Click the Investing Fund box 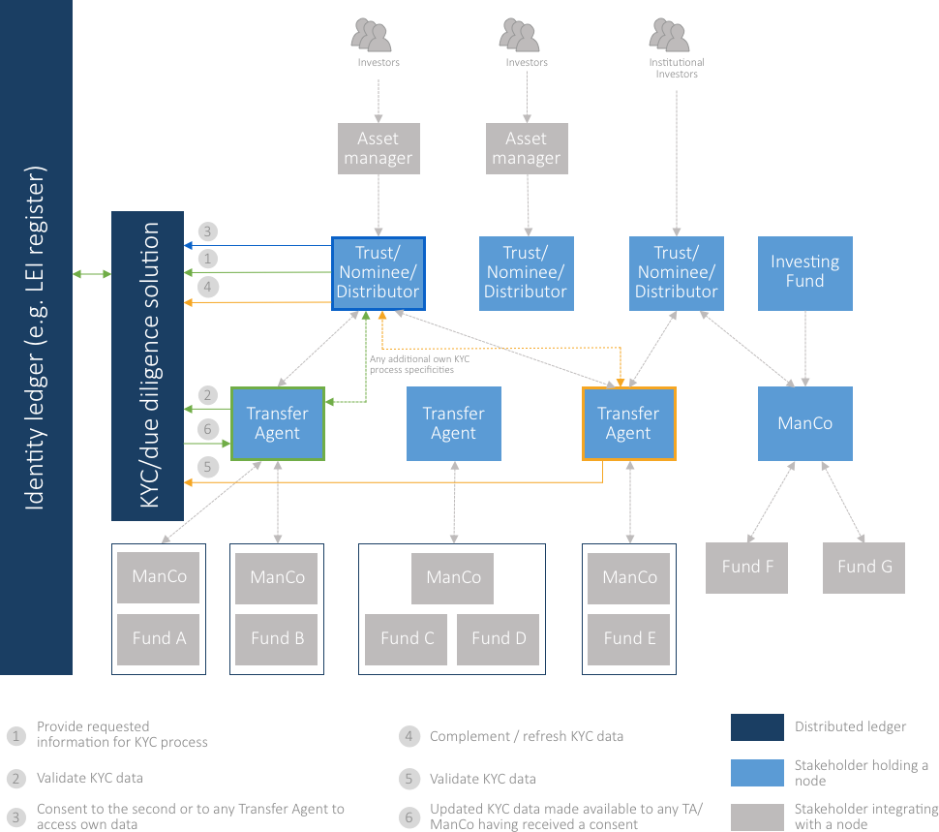tap(804, 272)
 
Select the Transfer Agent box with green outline tap(277, 423)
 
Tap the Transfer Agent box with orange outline tap(628, 423)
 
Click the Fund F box tap(746, 568)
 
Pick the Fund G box tap(863, 568)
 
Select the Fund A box tap(159, 639)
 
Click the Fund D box tap(499, 639)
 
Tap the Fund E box tap(629, 639)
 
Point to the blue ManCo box tap(804, 423)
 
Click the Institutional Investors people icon tap(669, 37)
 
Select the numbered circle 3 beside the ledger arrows tap(208, 231)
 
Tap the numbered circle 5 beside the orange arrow tap(208, 467)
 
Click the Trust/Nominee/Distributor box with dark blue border tap(378, 272)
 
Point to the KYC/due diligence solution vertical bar tap(148, 365)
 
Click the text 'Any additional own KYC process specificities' tap(411, 365)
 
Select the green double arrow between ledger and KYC tap(92, 275)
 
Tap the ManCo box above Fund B tap(278, 577)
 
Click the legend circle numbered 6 tap(409, 817)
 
